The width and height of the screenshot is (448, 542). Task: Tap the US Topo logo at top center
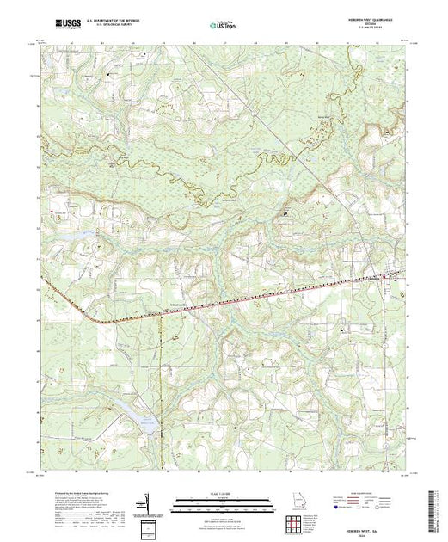[x=224, y=27]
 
